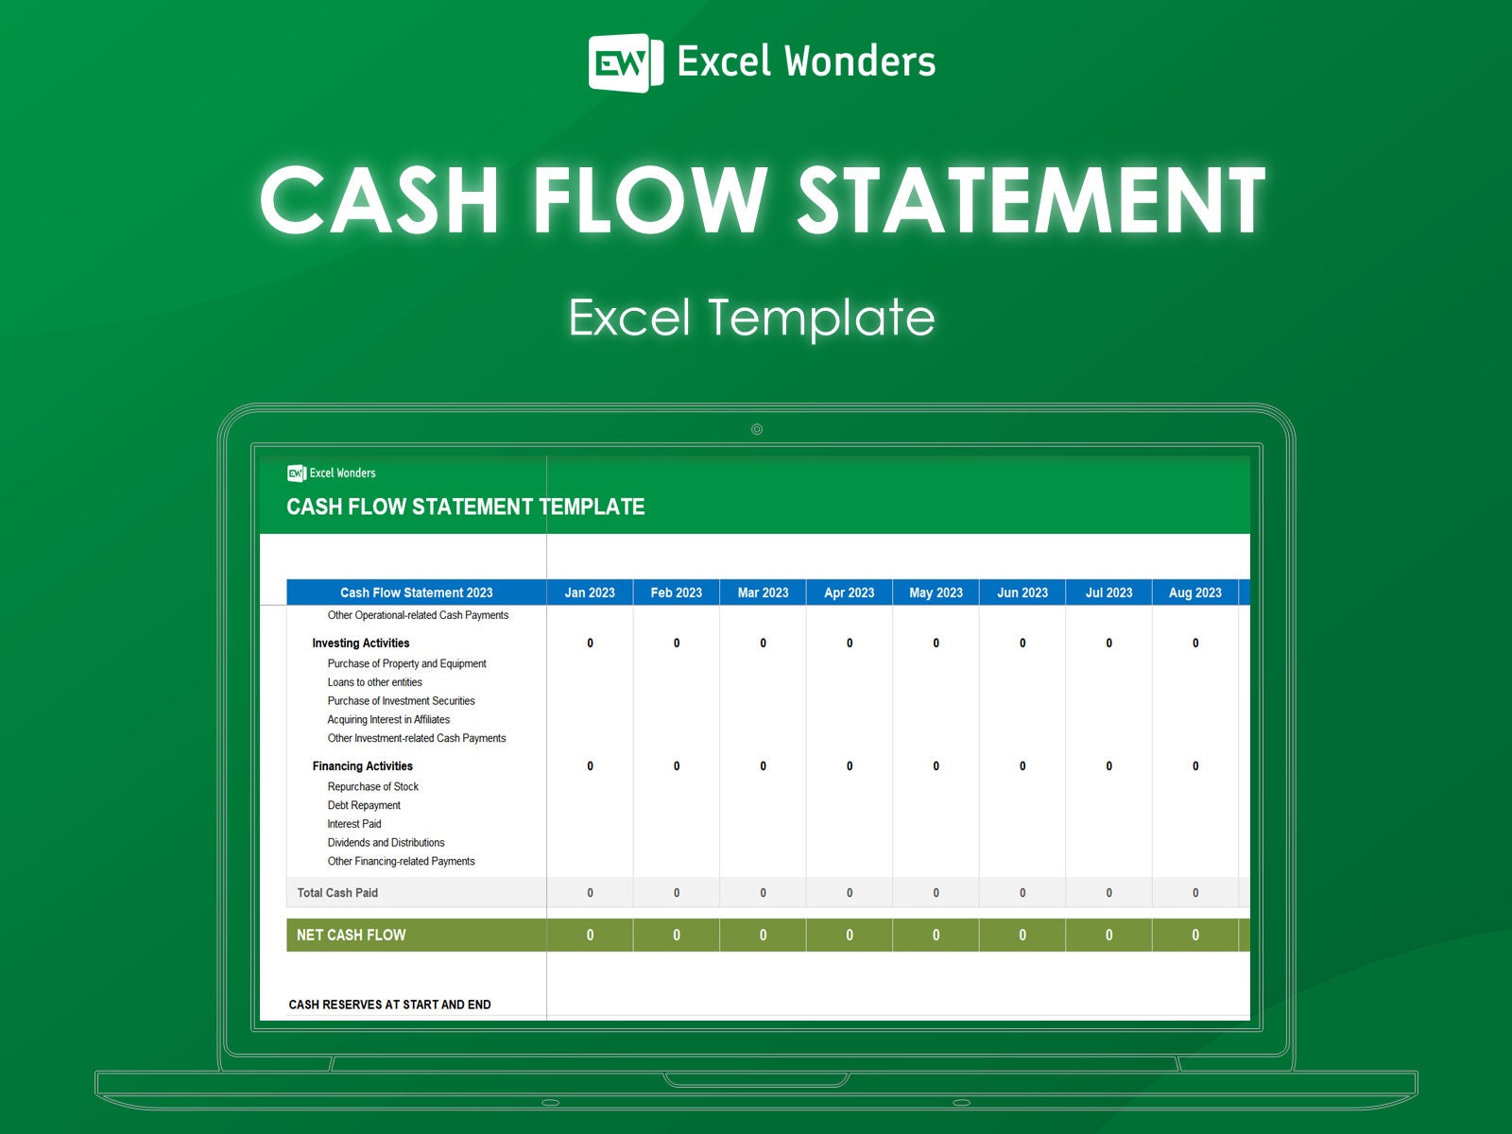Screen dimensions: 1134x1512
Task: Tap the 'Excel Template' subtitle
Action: (x=751, y=318)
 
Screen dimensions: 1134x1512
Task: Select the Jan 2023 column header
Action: (x=590, y=593)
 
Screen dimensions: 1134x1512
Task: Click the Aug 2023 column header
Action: (x=1194, y=593)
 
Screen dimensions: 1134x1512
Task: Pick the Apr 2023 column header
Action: (x=849, y=593)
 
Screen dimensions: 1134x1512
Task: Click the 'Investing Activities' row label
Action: (x=361, y=643)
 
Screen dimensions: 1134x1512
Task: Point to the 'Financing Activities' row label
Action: (x=363, y=765)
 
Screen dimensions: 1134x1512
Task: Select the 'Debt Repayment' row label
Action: (x=364, y=805)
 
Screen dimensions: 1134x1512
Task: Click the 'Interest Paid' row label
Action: (x=354, y=824)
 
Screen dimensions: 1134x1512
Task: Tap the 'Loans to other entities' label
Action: (x=374, y=682)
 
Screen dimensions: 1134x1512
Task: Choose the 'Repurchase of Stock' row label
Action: (x=372, y=786)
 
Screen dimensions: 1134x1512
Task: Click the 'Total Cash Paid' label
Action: (x=337, y=892)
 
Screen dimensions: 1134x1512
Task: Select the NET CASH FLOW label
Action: (x=351, y=935)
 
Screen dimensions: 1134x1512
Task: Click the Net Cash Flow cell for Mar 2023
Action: (x=763, y=935)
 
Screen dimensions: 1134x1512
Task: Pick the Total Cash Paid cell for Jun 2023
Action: (x=1022, y=892)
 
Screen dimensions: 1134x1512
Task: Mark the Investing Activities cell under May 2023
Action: (x=936, y=643)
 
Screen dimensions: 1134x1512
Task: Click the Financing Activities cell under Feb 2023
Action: (x=677, y=765)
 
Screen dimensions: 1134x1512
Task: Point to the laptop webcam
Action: (x=756, y=429)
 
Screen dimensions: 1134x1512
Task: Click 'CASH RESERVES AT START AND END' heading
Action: (x=389, y=1005)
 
